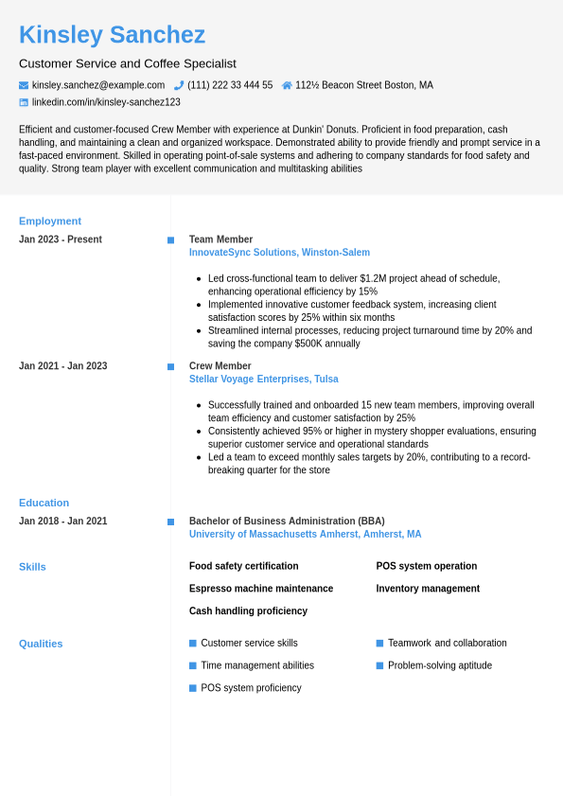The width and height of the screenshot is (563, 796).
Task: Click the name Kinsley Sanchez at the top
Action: (112, 35)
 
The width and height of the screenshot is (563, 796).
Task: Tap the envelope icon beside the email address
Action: (24, 85)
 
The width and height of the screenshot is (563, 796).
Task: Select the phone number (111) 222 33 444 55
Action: (230, 85)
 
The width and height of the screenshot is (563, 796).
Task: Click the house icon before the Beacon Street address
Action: (287, 85)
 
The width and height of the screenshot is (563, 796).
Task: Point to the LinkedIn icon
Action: (24, 102)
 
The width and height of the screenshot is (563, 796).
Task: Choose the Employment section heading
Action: (50, 221)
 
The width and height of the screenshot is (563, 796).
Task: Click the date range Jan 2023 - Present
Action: (61, 239)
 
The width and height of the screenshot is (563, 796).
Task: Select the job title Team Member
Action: (220, 239)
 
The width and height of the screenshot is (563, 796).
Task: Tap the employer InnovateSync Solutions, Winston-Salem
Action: (279, 253)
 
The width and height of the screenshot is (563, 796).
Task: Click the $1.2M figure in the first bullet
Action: (377, 278)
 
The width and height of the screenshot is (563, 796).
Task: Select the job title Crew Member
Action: (220, 366)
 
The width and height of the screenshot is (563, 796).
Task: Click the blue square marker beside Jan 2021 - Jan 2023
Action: (170, 366)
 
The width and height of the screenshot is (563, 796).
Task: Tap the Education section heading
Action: (44, 504)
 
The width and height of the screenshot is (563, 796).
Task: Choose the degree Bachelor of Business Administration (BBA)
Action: (287, 522)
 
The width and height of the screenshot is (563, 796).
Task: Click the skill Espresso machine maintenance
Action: (261, 589)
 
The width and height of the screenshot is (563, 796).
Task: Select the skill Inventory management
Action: (428, 589)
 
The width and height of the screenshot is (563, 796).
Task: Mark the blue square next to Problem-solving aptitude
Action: (379, 665)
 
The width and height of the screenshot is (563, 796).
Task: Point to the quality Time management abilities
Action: (257, 665)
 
